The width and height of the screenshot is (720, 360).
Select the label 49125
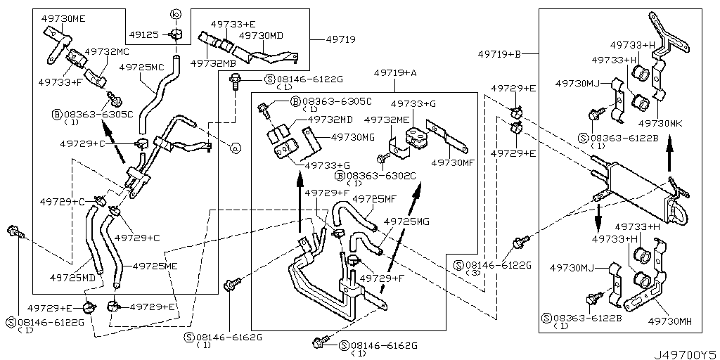coord(146,34)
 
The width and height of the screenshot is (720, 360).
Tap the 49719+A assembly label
coord(395,72)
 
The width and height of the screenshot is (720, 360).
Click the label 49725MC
coord(141,67)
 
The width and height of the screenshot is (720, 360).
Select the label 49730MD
coord(261,34)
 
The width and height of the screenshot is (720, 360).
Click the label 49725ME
coord(155,266)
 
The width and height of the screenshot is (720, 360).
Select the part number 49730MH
coord(669,321)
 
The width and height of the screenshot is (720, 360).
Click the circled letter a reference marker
coord(236,148)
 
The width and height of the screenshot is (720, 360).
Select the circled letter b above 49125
coord(176,14)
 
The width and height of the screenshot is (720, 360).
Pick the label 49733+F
coord(60,82)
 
